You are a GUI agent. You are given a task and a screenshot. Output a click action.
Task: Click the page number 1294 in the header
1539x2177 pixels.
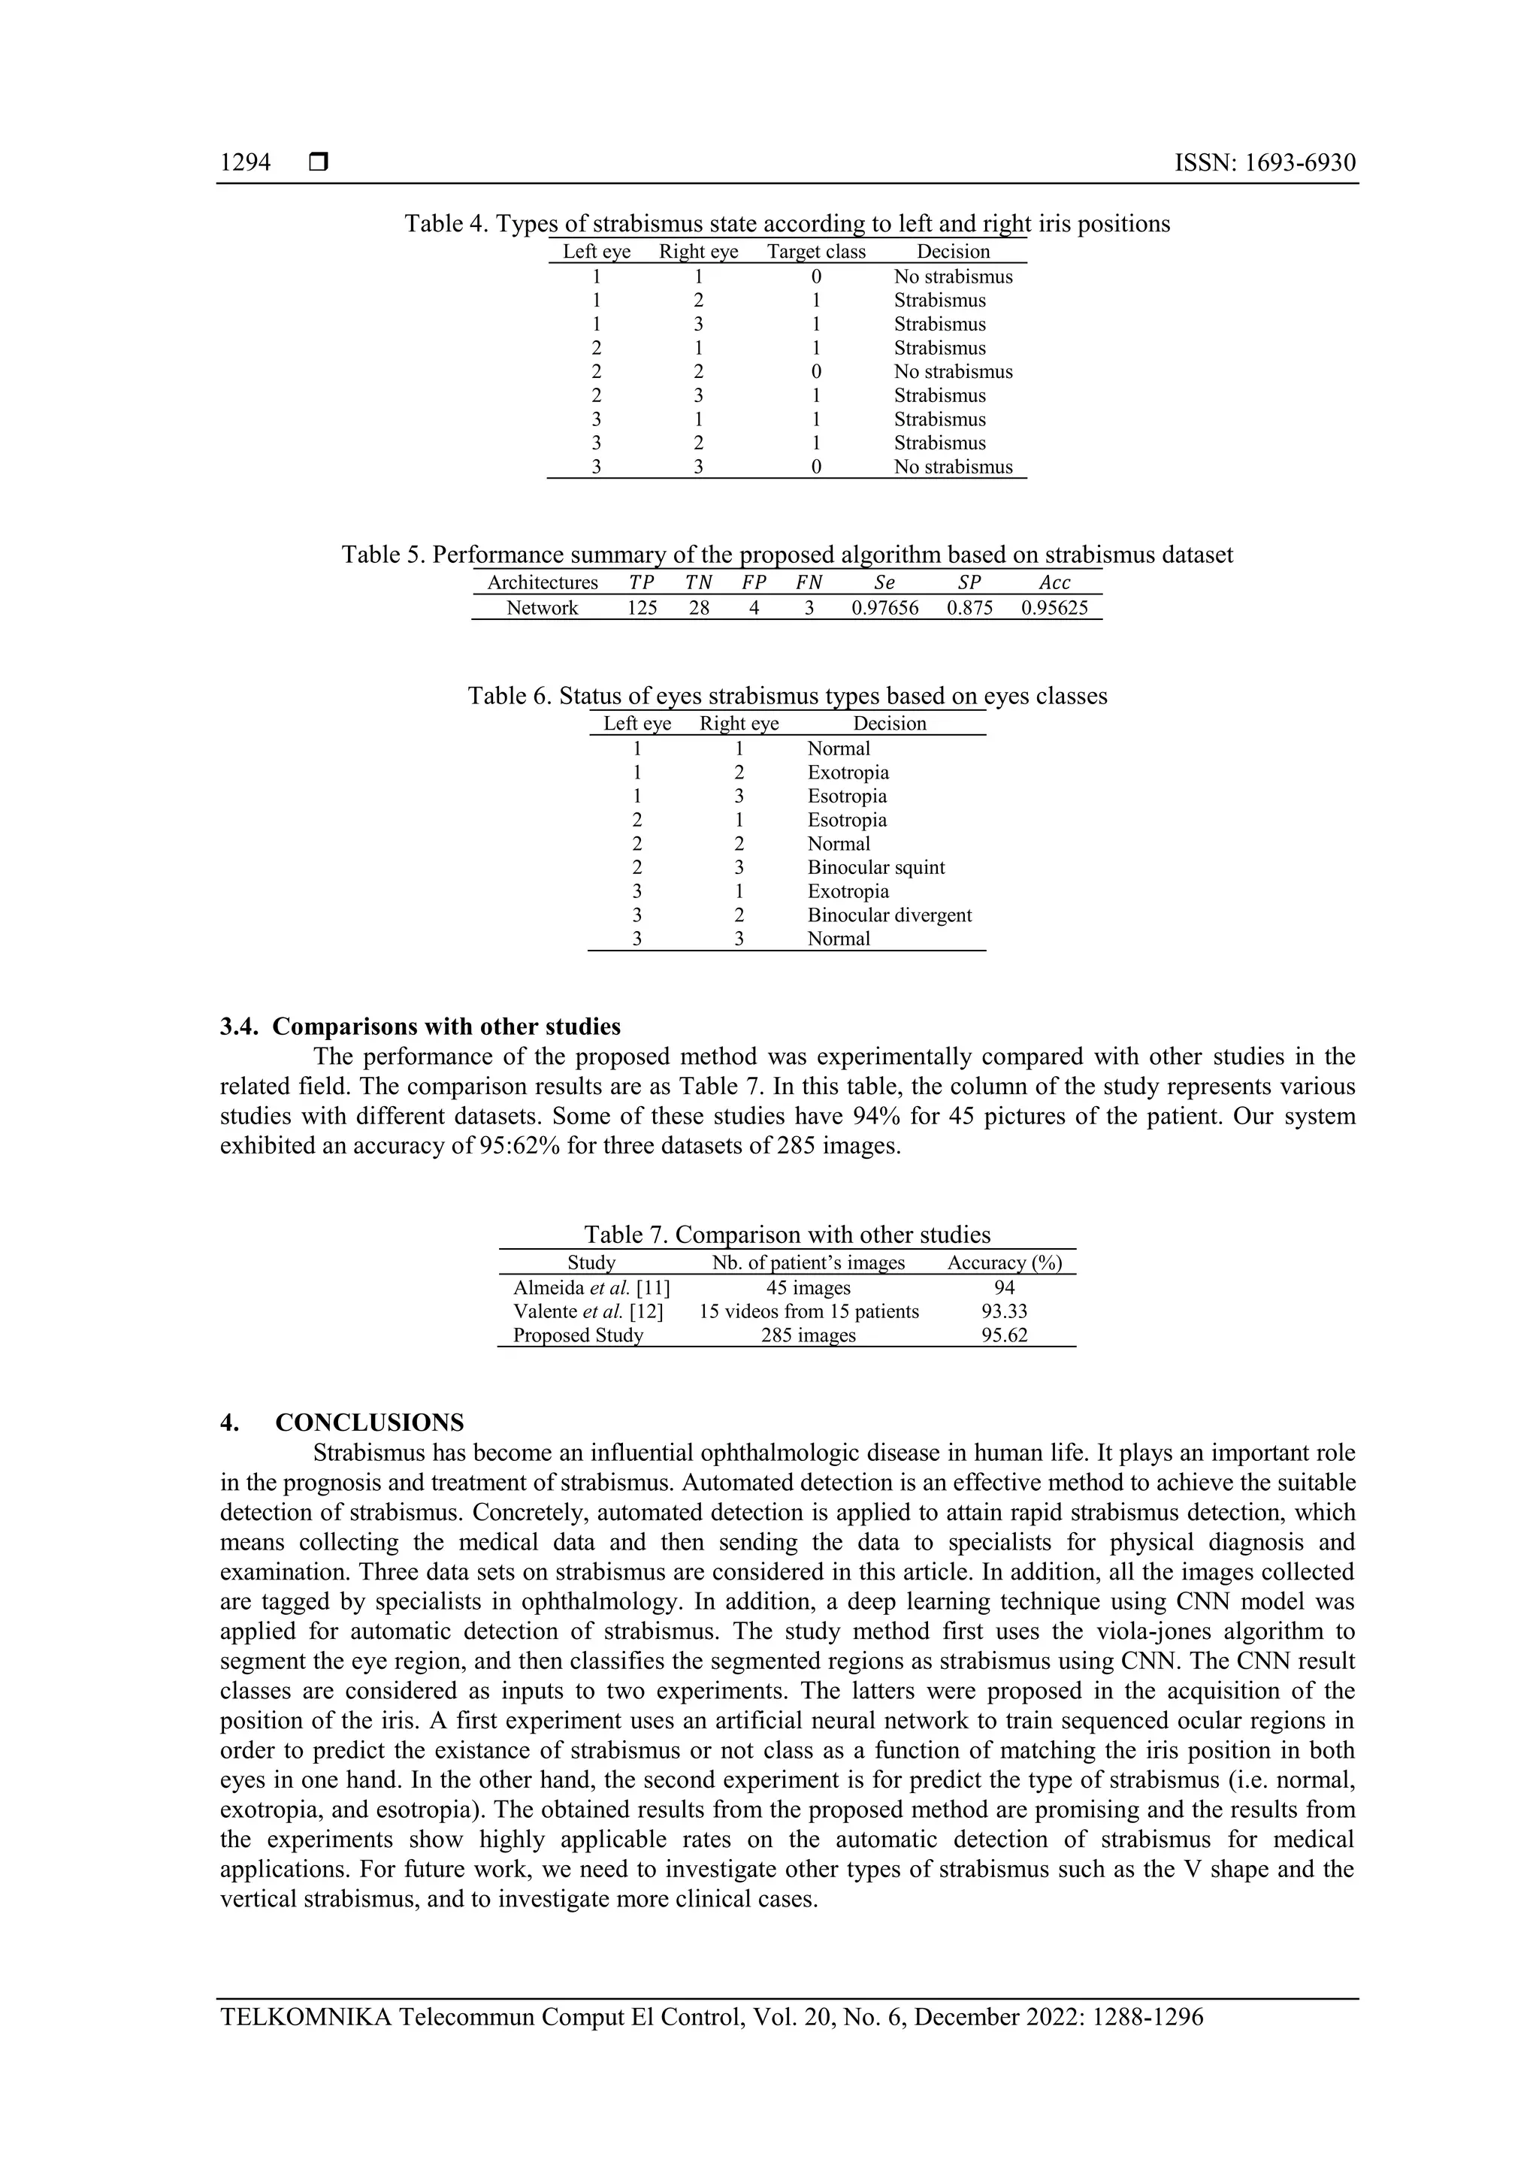(x=245, y=163)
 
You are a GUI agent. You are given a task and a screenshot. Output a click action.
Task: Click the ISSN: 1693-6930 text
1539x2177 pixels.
(x=1264, y=163)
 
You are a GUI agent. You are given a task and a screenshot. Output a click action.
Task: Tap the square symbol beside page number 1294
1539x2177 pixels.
(x=319, y=163)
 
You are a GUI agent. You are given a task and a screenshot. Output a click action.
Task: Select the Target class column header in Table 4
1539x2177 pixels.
(x=815, y=251)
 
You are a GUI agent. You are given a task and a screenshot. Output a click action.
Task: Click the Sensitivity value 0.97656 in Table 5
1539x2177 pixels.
(x=884, y=608)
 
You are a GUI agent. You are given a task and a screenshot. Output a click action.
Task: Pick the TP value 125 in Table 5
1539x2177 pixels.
(x=642, y=608)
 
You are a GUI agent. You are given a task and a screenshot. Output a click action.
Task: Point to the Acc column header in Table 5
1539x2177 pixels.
(x=1054, y=582)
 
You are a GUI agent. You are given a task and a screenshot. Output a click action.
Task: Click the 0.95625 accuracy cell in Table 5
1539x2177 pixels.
(x=1054, y=608)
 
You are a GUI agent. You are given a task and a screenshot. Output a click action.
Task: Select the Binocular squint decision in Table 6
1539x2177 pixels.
(x=875, y=868)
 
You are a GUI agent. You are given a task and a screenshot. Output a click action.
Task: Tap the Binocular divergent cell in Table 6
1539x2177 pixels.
(x=888, y=915)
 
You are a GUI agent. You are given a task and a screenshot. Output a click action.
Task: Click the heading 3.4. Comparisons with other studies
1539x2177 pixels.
(x=420, y=1027)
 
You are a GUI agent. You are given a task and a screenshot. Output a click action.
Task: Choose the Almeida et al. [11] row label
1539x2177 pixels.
(x=591, y=1287)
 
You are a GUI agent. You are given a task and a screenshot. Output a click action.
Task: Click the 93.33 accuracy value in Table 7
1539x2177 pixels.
(x=1004, y=1311)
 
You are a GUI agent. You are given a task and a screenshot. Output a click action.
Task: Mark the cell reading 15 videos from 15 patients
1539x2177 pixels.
(x=808, y=1311)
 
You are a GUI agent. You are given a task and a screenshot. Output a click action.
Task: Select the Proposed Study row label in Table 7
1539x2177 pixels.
(x=577, y=1335)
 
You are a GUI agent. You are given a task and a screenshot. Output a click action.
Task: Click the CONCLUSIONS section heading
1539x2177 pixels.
(x=369, y=1423)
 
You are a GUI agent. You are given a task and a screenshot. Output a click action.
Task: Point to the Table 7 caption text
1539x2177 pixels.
(x=786, y=1235)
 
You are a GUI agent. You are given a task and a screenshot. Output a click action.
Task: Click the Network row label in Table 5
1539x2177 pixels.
(x=542, y=608)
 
